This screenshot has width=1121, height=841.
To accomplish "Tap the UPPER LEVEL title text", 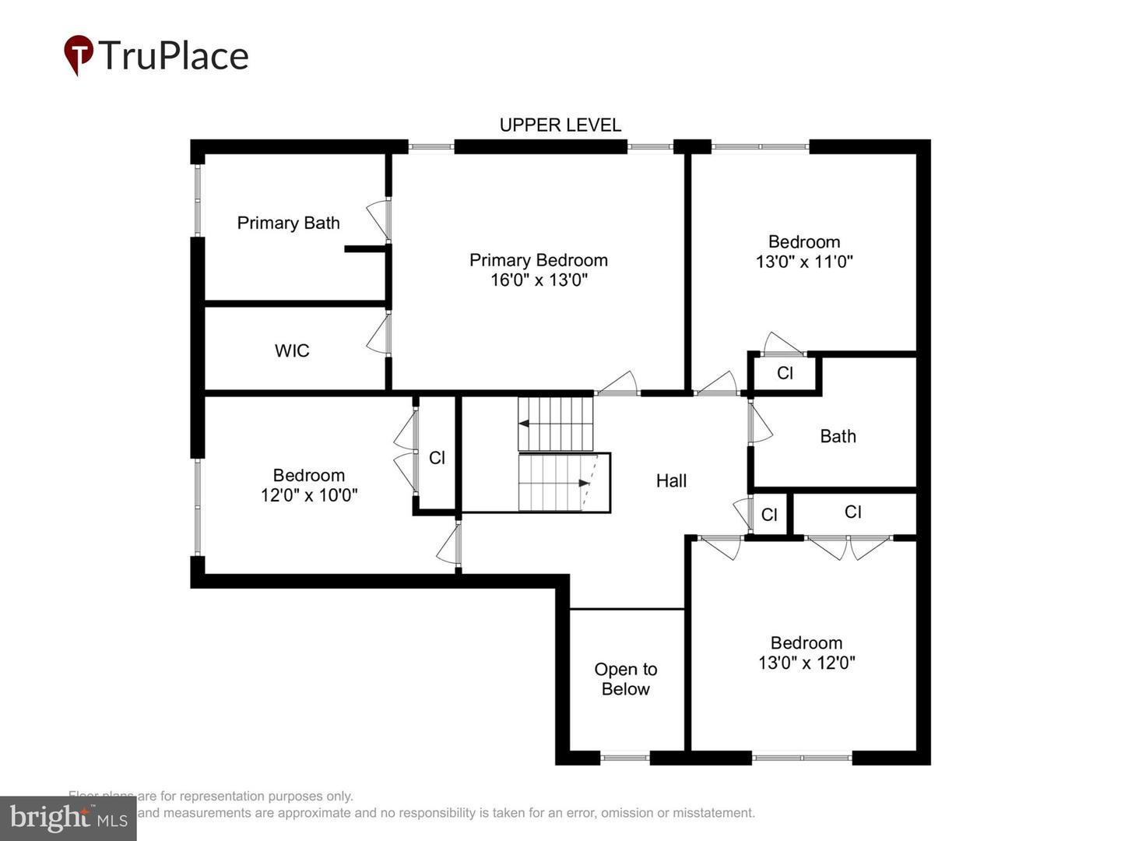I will coord(560,125).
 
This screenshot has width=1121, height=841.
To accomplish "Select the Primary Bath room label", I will coord(288,223).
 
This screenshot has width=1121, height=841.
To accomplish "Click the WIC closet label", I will coord(292,351).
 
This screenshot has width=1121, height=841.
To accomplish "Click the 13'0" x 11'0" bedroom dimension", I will coord(804,262).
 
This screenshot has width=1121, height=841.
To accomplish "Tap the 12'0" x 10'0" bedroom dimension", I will coord(309,495).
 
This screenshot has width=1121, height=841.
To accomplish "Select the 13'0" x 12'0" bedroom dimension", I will coord(806,663).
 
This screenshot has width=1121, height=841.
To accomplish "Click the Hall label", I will coord(671,481).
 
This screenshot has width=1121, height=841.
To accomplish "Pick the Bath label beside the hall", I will coord(838,437).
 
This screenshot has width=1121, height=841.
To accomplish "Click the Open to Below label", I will coord(626,679).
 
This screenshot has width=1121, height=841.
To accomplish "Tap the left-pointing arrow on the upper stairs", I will coord(525,424).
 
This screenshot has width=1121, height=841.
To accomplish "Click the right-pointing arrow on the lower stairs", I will coord(584,484).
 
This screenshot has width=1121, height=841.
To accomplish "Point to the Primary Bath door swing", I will coord(378,220).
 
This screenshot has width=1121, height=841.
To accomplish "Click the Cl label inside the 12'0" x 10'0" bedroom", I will coord(437,458).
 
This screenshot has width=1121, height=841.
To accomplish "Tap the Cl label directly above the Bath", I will coord(785,374).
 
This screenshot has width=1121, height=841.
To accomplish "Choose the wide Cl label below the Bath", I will coord(852,512).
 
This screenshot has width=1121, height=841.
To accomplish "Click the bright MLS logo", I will coord(69,818).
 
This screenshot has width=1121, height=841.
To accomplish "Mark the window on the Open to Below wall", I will coord(625,757).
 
